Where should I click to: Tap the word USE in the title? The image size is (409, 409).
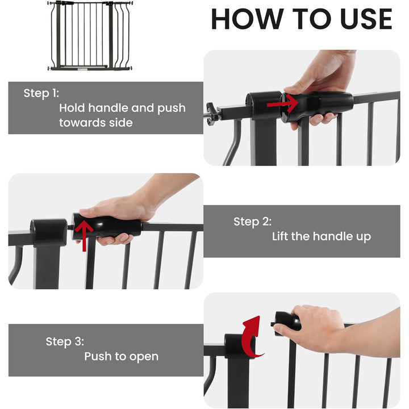pyautogui.click(x=359, y=19)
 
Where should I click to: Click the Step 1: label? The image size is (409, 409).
pyautogui.click(x=41, y=93)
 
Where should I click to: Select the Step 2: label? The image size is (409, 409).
pyautogui.click(x=252, y=222)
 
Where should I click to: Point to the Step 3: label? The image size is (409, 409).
pyautogui.click(x=65, y=341)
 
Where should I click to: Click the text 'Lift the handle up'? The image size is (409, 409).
pyautogui.click(x=321, y=236)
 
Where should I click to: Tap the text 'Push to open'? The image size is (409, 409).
pyautogui.click(x=121, y=356)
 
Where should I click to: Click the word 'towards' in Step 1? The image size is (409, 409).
pyautogui.click(x=81, y=122)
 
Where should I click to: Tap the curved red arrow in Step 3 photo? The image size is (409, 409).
pyautogui.click(x=252, y=338)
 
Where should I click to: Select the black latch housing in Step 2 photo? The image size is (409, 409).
pyautogui.click(x=49, y=233)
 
